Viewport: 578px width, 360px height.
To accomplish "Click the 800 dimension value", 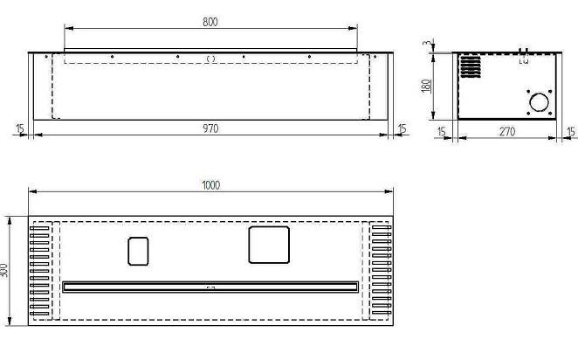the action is click(210, 22).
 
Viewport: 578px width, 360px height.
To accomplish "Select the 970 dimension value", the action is click(210, 128).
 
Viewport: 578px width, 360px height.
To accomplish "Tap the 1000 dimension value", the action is click(210, 184).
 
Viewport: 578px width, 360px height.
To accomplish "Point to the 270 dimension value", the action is click(507, 132).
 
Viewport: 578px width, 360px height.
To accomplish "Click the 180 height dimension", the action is click(426, 87).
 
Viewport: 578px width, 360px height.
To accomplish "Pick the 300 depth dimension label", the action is click(4, 271).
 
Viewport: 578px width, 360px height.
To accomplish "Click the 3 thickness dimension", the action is click(427, 43).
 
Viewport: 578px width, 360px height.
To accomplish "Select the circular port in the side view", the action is click(540, 102).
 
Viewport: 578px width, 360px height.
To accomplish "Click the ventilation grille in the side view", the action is click(471, 66).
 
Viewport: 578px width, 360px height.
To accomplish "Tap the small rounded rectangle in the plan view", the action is click(138, 251).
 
